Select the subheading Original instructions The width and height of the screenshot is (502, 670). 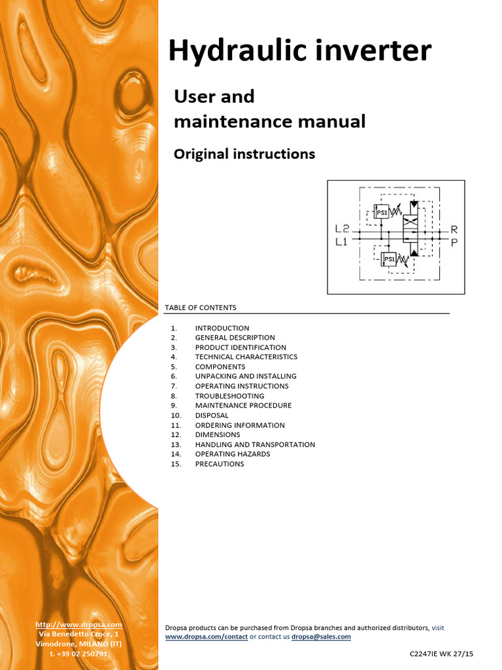tap(244, 154)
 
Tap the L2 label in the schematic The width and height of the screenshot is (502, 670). tap(342, 230)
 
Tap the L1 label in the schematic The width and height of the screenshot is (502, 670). tap(341, 241)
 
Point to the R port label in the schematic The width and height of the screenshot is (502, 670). tap(454, 230)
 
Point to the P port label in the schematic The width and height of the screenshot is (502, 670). tap(454, 241)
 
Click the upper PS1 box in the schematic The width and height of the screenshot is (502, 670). tap(381, 212)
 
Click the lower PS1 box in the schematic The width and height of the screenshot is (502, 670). tap(390, 260)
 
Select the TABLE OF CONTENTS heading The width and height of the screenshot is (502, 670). tap(201, 308)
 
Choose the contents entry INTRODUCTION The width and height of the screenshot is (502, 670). tap(222, 328)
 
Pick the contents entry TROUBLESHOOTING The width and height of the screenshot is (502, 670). tap(229, 396)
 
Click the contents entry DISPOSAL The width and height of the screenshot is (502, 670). tap(212, 415)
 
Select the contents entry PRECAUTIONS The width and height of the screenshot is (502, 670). tap(219, 464)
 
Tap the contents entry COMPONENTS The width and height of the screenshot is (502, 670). tap(220, 367)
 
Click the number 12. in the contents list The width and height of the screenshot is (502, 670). tap(176, 434)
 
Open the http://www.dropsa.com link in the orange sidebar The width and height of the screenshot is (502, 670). tap(78, 625)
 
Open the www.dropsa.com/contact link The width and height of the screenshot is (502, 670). tap(206, 637)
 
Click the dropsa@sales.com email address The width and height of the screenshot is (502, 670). tap(321, 637)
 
